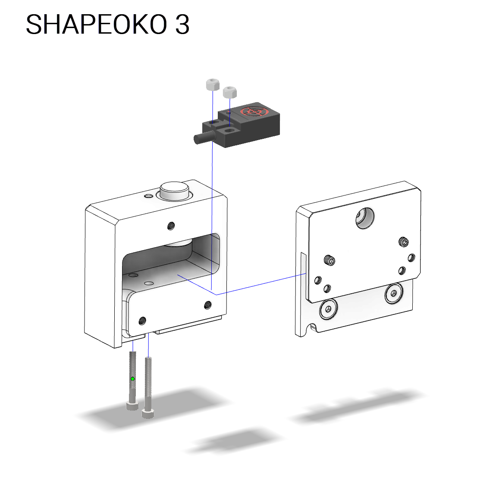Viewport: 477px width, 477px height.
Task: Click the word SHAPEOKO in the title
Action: [97, 24]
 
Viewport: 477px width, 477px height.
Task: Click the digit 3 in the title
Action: [182, 24]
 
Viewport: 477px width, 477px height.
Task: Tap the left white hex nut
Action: [213, 84]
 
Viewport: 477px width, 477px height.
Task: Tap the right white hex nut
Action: [230, 92]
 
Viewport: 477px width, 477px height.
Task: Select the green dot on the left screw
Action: [133, 379]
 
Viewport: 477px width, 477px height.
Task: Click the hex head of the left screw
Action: [132, 405]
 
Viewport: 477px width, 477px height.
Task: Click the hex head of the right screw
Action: [148, 414]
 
